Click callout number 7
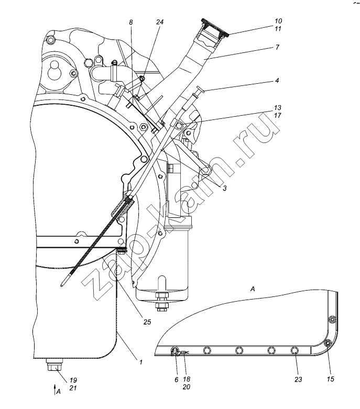(277, 47)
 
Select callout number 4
(277, 80)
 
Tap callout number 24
(160, 22)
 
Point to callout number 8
(131, 23)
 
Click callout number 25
(147, 322)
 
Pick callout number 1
(141, 362)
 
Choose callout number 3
(224, 188)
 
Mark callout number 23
(298, 379)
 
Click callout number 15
(331, 379)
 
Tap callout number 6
(176, 380)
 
